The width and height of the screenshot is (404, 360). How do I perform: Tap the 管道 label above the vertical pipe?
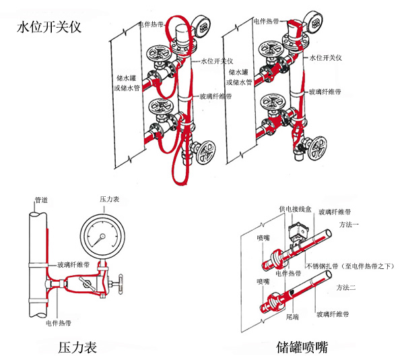(x=41, y=200)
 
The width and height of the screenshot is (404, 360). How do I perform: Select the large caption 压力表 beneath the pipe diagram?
(x=77, y=348)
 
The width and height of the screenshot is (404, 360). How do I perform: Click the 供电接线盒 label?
(x=295, y=210)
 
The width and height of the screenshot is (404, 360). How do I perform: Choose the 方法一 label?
(x=348, y=224)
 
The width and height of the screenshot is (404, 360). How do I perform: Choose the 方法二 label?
(x=348, y=288)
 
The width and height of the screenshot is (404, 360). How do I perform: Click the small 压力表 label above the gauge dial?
(x=110, y=200)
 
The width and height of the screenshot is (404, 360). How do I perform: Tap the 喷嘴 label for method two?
(x=263, y=281)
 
